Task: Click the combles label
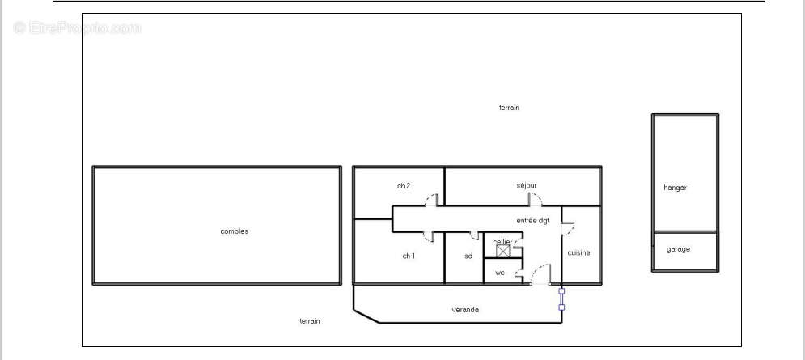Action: click(x=234, y=231)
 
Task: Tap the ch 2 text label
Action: click(x=404, y=186)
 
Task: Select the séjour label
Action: click(x=527, y=185)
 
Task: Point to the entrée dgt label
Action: click(x=533, y=221)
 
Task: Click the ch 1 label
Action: click(x=409, y=256)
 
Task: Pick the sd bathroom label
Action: click(x=468, y=256)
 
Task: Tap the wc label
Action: click(x=500, y=273)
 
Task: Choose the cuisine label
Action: click(x=578, y=252)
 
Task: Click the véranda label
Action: click(x=465, y=310)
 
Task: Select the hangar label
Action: click(x=675, y=188)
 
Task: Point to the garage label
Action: click(x=678, y=249)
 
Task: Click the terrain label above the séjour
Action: click(x=509, y=108)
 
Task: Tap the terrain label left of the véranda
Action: click(x=310, y=321)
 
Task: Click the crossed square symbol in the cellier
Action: click(x=503, y=251)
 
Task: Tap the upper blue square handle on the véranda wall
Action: click(x=561, y=291)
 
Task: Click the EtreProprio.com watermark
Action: click(x=77, y=28)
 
